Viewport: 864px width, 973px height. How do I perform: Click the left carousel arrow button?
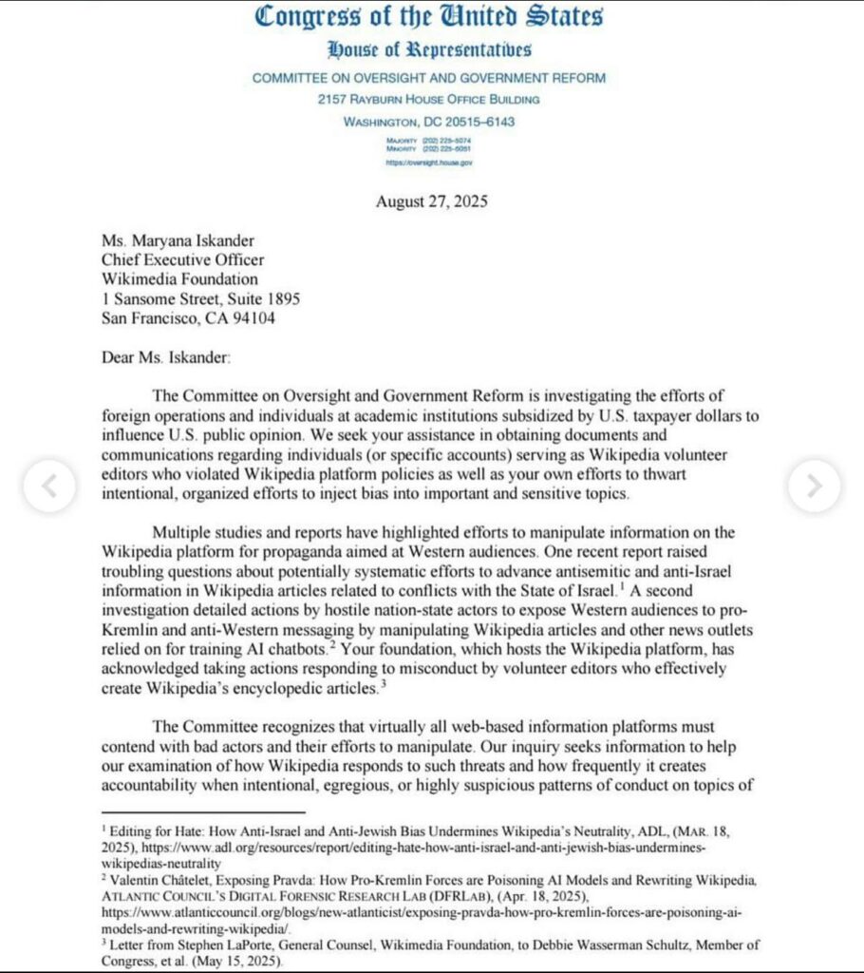48,486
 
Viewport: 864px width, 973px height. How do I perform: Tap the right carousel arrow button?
814,486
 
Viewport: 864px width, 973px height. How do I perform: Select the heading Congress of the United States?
430,16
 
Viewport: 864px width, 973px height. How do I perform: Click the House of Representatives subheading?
429,49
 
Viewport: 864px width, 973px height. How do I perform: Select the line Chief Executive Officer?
183,258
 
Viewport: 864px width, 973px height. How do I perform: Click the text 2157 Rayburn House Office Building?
429,100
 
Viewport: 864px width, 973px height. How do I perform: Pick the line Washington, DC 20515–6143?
429,122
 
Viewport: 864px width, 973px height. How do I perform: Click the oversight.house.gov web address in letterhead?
429,162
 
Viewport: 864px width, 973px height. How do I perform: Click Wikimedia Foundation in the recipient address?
180,278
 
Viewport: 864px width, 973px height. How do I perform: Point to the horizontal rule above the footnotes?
203,812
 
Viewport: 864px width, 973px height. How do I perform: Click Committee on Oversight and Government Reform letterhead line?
429,78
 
